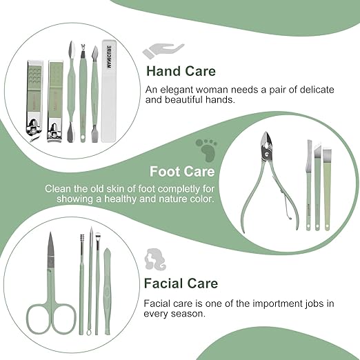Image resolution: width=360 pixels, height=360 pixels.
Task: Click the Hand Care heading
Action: tap(180, 71)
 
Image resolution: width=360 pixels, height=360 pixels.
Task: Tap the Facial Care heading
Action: tap(181, 283)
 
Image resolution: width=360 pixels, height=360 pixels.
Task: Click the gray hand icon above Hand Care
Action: tap(163, 50)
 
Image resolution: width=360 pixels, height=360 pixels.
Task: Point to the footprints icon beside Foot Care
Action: tap(205, 148)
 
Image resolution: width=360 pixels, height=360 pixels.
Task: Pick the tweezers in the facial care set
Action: tap(108, 290)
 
